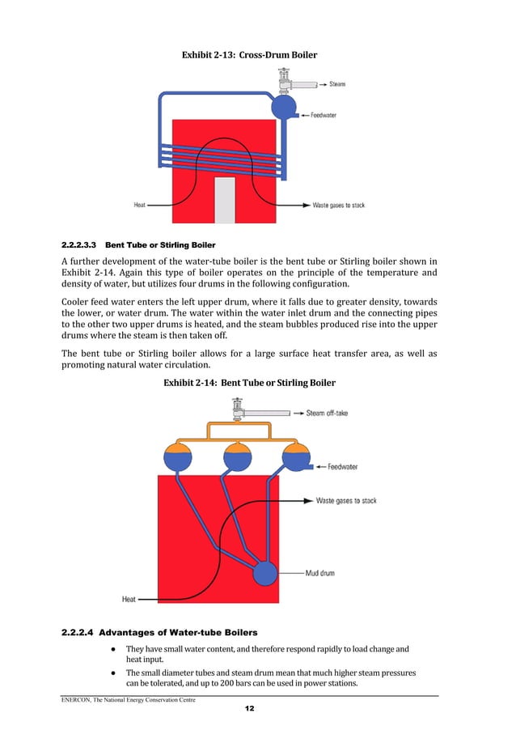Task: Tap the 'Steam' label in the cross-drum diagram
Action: pyautogui.click(x=338, y=84)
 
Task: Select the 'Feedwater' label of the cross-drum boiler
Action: pyautogui.click(x=324, y=116)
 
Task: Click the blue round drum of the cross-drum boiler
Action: pyautogui.click(x=284, y=107)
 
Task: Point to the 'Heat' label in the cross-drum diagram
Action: pyautogui.click(x=140, y=206)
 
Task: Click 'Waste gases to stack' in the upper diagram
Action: pyautogui.click(x=338, y=206)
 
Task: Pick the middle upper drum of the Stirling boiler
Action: pyautogui.click(x=236, y=456)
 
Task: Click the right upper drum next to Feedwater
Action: pyautogui.click(x=295, y=456)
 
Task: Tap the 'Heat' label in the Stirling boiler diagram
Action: pyautogui.click(x=129, y=600)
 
